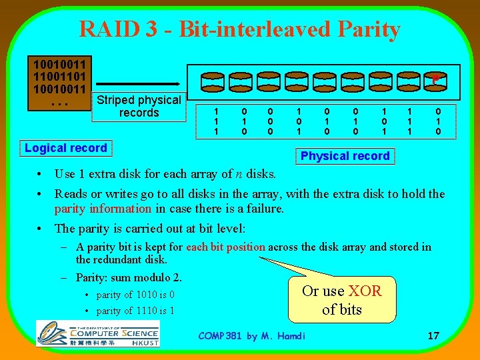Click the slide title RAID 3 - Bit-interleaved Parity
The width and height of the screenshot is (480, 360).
point(239,29)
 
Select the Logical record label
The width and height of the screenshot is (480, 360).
point(65,148)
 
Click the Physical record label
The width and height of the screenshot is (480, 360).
point(345,156)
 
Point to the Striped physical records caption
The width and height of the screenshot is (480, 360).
point(139,107)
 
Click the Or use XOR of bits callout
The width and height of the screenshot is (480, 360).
point(341,300)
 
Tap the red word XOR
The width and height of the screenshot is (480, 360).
point(365,291)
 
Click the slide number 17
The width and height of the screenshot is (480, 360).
point(433,335)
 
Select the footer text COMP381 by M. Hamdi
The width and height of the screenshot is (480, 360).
point(252,335)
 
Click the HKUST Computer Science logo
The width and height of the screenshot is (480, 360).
point(97,333)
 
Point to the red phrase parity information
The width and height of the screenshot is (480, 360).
point(103,209)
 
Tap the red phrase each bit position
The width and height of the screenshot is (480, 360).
point(225,247)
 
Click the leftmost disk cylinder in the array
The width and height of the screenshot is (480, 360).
point(215,83)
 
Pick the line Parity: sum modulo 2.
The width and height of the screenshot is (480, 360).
point(129,277)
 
